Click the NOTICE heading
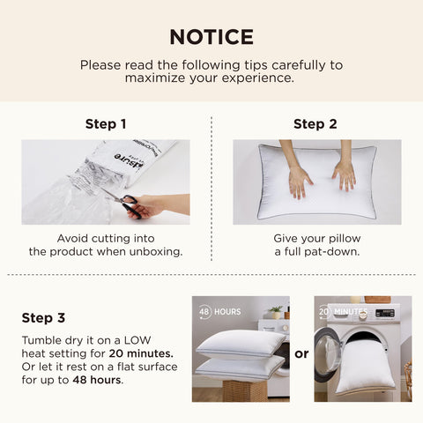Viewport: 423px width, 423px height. coord(211,36)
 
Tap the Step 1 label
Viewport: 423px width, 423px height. coord(106,124)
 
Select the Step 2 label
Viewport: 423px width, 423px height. coord(315,124)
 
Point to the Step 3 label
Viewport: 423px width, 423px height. coord(44,317)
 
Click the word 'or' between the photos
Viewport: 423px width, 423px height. coord(301,353)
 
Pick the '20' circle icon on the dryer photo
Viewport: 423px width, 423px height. coord(324,312)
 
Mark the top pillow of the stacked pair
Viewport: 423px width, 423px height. coord(240,343)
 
